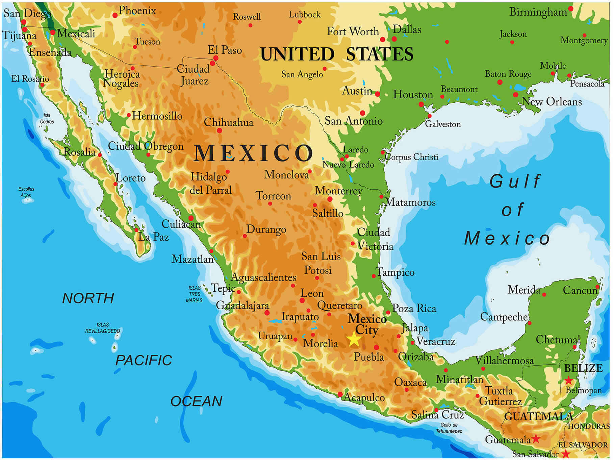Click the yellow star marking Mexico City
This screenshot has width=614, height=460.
354,339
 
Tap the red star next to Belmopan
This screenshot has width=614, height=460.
568,380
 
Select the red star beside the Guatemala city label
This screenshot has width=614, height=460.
536,439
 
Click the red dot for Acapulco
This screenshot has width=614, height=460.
340,394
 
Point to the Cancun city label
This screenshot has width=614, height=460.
580,290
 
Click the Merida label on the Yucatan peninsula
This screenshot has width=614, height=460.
523,290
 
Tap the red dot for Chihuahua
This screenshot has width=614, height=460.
219,130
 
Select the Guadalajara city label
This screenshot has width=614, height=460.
242,306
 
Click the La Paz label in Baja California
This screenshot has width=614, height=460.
153,237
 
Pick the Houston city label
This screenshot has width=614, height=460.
413,95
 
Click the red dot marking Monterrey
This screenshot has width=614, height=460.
330,199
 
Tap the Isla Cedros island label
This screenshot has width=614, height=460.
47,119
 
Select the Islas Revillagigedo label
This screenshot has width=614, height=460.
102,328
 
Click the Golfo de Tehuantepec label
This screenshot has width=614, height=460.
449,428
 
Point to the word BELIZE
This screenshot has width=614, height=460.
583,368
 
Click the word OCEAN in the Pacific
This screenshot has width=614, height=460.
196,402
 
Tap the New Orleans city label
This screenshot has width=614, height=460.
552,102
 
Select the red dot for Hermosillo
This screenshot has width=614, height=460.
129,115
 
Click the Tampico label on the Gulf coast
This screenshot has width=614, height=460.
395,272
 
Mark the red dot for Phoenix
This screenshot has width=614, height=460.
115,15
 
